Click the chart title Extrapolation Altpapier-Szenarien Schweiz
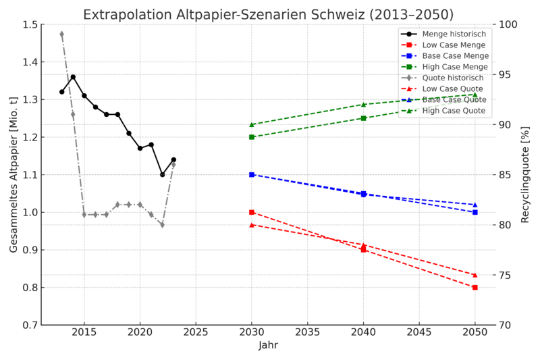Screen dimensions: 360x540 (268, 14)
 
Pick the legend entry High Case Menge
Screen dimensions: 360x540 (455, 67)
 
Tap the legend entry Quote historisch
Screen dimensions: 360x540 (452, 78)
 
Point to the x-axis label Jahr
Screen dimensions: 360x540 (268, 345)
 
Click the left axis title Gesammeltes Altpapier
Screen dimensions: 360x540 (14, 174)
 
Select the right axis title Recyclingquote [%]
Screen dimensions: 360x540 (524, 174)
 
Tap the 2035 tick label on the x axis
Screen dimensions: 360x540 (307, 333)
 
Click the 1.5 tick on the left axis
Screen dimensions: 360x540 (30, 24)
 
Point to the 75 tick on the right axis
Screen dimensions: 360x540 (506, 275)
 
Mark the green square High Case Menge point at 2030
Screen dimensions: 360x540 (252, 137)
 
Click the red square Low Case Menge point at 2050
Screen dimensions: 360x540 (475, 287)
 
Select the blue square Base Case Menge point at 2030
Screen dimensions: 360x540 (252, 174)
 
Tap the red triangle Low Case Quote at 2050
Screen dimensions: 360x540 (475, 275)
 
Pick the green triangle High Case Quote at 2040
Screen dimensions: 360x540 (363, 105)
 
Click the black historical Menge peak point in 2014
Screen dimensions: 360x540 (73, 77)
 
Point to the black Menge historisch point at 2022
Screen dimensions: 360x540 (162, 174)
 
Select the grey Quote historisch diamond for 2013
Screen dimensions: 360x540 (61, 34)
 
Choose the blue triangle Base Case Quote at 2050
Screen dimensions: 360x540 (475, 205)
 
